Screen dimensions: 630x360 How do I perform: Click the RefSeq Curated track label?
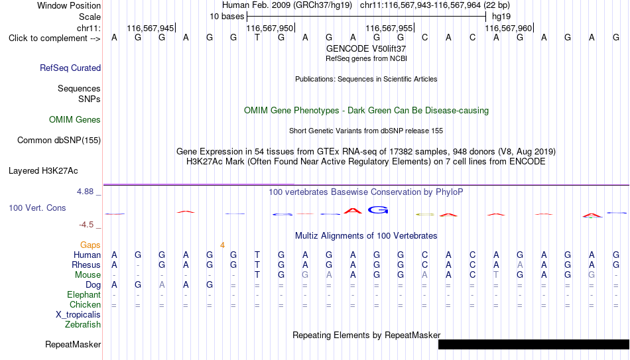(70, 68)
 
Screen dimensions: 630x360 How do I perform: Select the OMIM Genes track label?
(75, 120)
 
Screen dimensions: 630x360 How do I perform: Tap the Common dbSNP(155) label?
(59, 141)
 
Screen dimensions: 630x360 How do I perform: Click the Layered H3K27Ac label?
(43, 171)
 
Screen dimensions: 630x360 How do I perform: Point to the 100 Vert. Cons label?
(37, 208)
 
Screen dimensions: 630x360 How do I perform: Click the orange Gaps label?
(90, 245)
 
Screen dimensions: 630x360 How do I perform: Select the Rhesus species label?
(86, 265)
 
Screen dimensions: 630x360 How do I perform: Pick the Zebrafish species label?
(83, 324)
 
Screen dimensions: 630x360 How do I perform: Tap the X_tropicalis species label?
(78, 315)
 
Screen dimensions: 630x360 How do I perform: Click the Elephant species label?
(84, 294)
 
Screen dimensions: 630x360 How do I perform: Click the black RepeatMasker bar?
(534, 344)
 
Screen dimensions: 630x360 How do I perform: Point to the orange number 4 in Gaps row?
(222, 245)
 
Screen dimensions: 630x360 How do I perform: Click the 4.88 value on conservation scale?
(85, 192)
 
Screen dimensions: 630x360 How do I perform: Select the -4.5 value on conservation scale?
(86, 225)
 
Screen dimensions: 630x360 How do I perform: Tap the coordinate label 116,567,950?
(270, 28)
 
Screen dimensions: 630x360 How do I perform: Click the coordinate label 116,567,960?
(508, 28)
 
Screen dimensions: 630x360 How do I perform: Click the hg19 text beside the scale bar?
(501, 17)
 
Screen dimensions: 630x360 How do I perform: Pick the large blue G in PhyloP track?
(378, 210)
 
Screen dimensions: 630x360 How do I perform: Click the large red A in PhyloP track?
(353, 211)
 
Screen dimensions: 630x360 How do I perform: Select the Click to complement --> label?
(54, 38)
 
